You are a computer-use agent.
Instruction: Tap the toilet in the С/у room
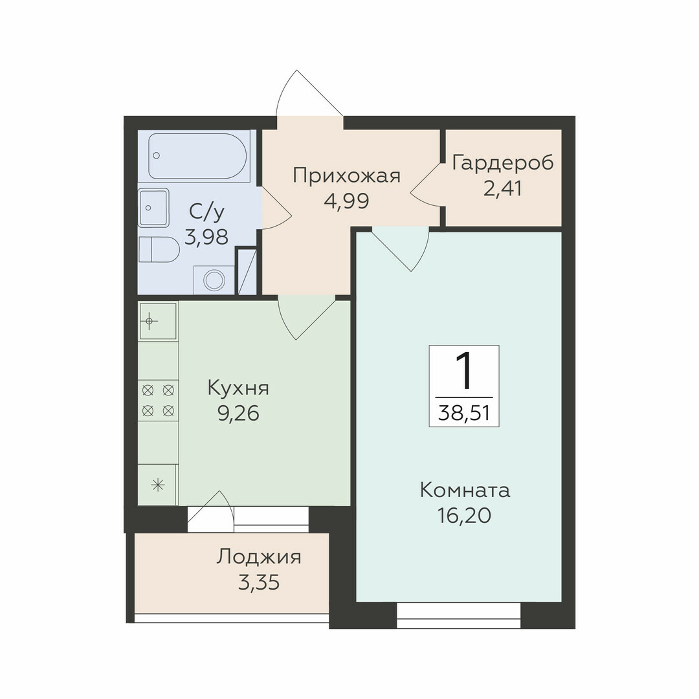click(159, 249)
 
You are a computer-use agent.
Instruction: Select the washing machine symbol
click(214, 280)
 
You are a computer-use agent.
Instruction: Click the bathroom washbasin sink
click(154, 207)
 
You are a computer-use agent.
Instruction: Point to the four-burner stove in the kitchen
click(159, 401)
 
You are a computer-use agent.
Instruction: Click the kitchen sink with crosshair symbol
click(159, 320)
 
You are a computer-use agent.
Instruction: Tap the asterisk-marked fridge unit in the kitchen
click(159, 485)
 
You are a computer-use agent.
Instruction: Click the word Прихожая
click(347, 175)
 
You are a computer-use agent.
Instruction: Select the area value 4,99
click(347, 201)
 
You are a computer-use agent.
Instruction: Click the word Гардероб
click(503, 163)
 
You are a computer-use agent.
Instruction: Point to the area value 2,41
click(502, 188)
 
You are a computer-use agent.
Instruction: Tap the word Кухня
click(238, 388)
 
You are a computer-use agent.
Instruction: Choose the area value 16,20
click(465, 516)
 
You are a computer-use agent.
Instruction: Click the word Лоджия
click(259, 557)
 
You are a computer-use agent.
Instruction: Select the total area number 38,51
click(464, 413)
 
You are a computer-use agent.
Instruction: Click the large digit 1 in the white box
click(463, 371)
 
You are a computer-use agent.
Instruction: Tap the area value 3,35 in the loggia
click(258, 582)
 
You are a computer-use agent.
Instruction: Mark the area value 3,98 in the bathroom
click(206, 237)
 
